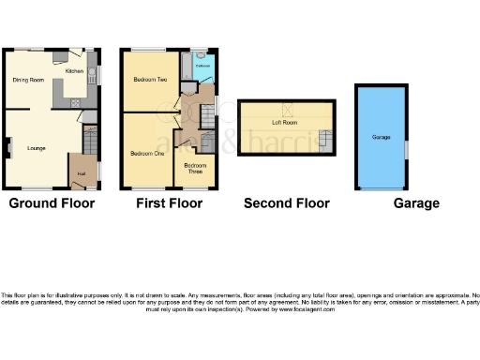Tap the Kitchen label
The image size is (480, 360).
73,70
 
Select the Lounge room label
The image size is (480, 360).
37,148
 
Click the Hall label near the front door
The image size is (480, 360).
82,174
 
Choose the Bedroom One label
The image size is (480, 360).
146,153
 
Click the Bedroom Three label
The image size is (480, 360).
197,168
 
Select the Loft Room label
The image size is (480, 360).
284,123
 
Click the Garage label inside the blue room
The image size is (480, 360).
381,137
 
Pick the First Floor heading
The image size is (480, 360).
170,203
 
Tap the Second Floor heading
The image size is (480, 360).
286,203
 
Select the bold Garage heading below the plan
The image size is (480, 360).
416,203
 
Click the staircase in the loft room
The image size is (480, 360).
324,141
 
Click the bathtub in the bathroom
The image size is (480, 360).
186,67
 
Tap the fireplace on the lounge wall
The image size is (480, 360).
8,146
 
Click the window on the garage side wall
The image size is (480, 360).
407,148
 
